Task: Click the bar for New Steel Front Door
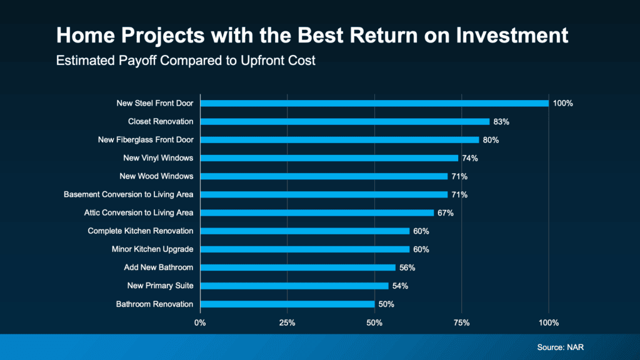pyautogui.click(x=374, y=103)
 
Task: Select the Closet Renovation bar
pyautogui.click(x=344, y=121)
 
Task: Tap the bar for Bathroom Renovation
pyautogui.click(x=287, y=304)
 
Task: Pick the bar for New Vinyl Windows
pyautogui.click(x=329, y=158)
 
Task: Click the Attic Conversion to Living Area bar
pyautogui.click(x=316, y=212)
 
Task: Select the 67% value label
pyautogui.click(x=445, y=213)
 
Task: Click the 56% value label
pyautogui.click(x=407, y=267)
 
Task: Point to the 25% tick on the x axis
pyautogui.click(x=287, y=323)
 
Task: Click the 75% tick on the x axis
pyautogui.click(x=461, y=323)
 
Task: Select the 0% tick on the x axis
pyautogui.click(x=200, y=323)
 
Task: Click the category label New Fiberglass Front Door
pyautogui.click(x=146, y=140)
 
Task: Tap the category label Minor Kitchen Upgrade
pyautogui.click(x=152, y=249)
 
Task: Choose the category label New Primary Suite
pyautogui.click(x=160, y=286)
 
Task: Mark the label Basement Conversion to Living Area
pyautogui.click(x=128, y=195)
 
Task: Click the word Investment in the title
pyautogui.click(x=516, y=36)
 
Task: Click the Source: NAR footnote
pyautogui.click(x=560, y=347)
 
